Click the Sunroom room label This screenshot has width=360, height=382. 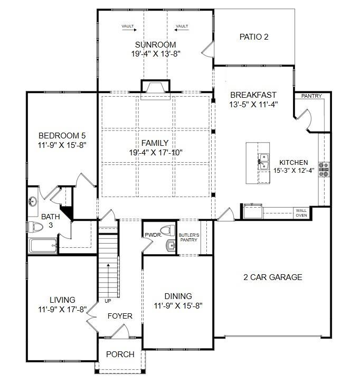click(x=155, y=44)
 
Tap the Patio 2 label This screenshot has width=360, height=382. click(x=254, y=37)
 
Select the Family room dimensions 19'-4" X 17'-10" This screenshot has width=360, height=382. click(x=156, y=153)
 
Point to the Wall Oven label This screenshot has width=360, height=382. click(x=301, y=213)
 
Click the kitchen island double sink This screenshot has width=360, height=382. click(x=263, y=161)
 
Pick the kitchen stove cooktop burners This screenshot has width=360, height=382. click(x=324, y=169)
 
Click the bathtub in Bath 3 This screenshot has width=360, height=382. click(x=43, y=246)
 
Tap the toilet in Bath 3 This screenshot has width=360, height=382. click(x=35, y=227)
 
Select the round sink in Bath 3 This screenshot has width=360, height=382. click(x=33, y=201)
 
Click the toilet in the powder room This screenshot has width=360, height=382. click(x=168, y=230)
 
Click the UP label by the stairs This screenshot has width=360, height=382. click(x=108, y=301)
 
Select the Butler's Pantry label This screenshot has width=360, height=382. click(x=189, y=238)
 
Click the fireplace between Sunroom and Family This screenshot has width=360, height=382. click(x=155, y=89)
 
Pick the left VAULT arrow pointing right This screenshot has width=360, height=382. click(x=129, y=30)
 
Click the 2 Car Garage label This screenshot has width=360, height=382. click(x=273, y=277)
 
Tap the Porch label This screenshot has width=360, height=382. click(x=120, y=354)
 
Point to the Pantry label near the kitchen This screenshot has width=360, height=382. click(x=311, y=96)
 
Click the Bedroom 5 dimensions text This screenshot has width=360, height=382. click(x=62, y=145)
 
